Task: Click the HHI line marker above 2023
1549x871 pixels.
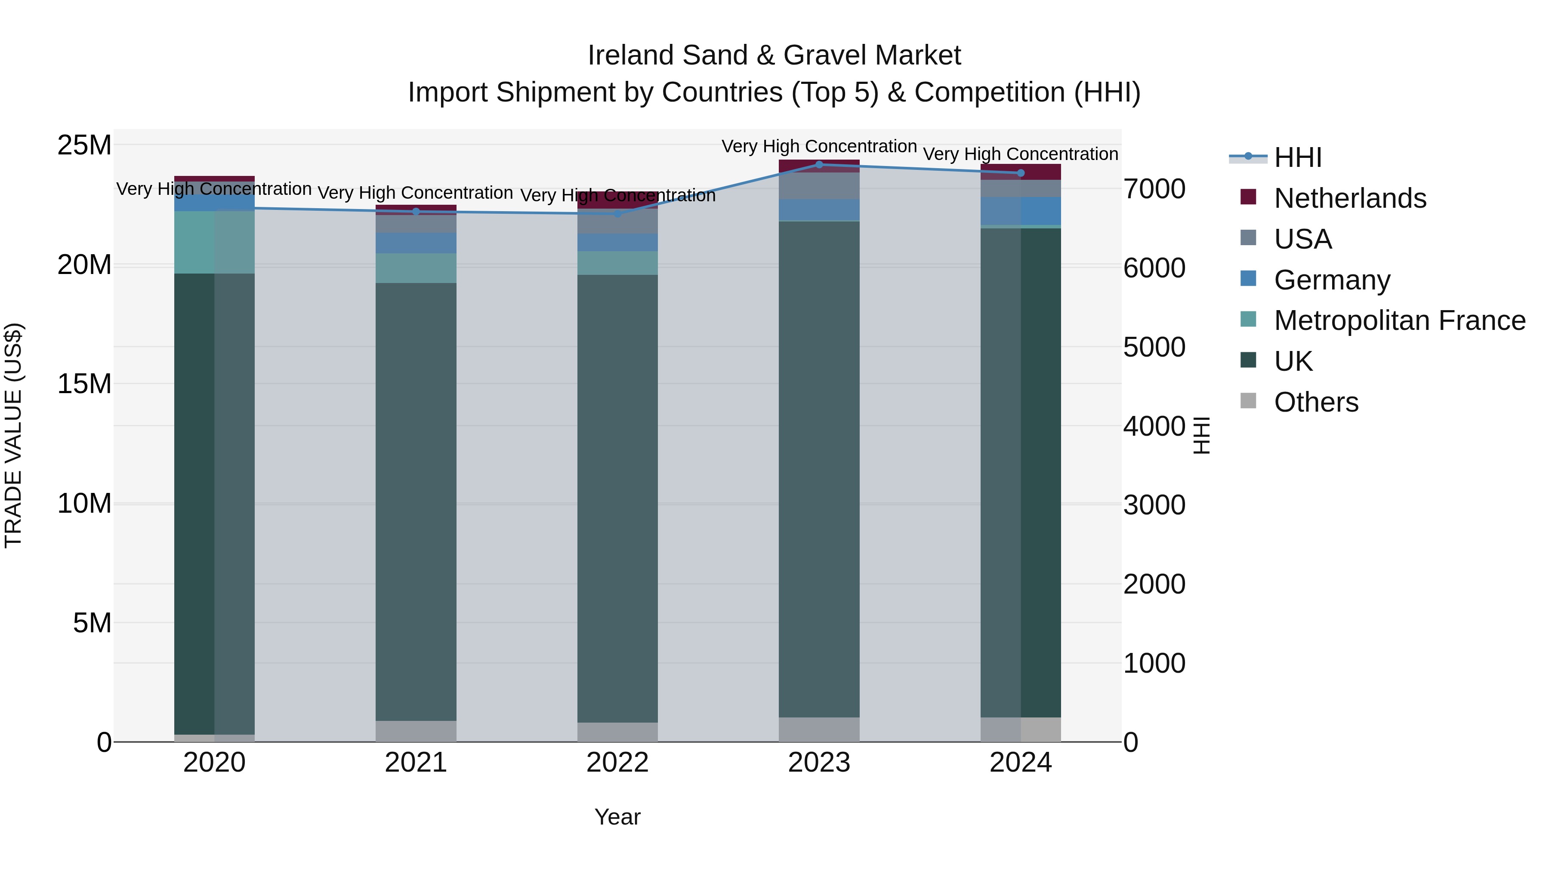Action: [x=818, y=164]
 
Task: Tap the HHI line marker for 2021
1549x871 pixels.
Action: [x=416, y=212]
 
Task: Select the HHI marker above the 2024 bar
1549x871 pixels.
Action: [x=1021, y=173]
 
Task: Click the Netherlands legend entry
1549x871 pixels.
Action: [x=1349, y=198]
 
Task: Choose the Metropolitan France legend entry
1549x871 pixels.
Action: [x=1399, y=320]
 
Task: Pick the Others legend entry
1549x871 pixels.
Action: [x=1316, y=402]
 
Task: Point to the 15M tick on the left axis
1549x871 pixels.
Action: [x=84, y=384]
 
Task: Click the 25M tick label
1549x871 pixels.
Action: [x=84, y=145]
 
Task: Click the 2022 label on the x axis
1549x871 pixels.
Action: [x=617, y=763]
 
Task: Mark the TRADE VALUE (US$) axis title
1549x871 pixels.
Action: [x=13, y=435]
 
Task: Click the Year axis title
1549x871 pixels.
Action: [x=617, y=817]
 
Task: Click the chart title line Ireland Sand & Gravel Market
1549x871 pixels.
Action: [x=774, y=55]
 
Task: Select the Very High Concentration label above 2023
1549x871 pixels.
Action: [x=818, y=146]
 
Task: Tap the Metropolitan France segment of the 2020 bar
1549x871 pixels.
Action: [x=214, y=242]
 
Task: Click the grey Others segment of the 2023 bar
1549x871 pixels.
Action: [x=818, y=729]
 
